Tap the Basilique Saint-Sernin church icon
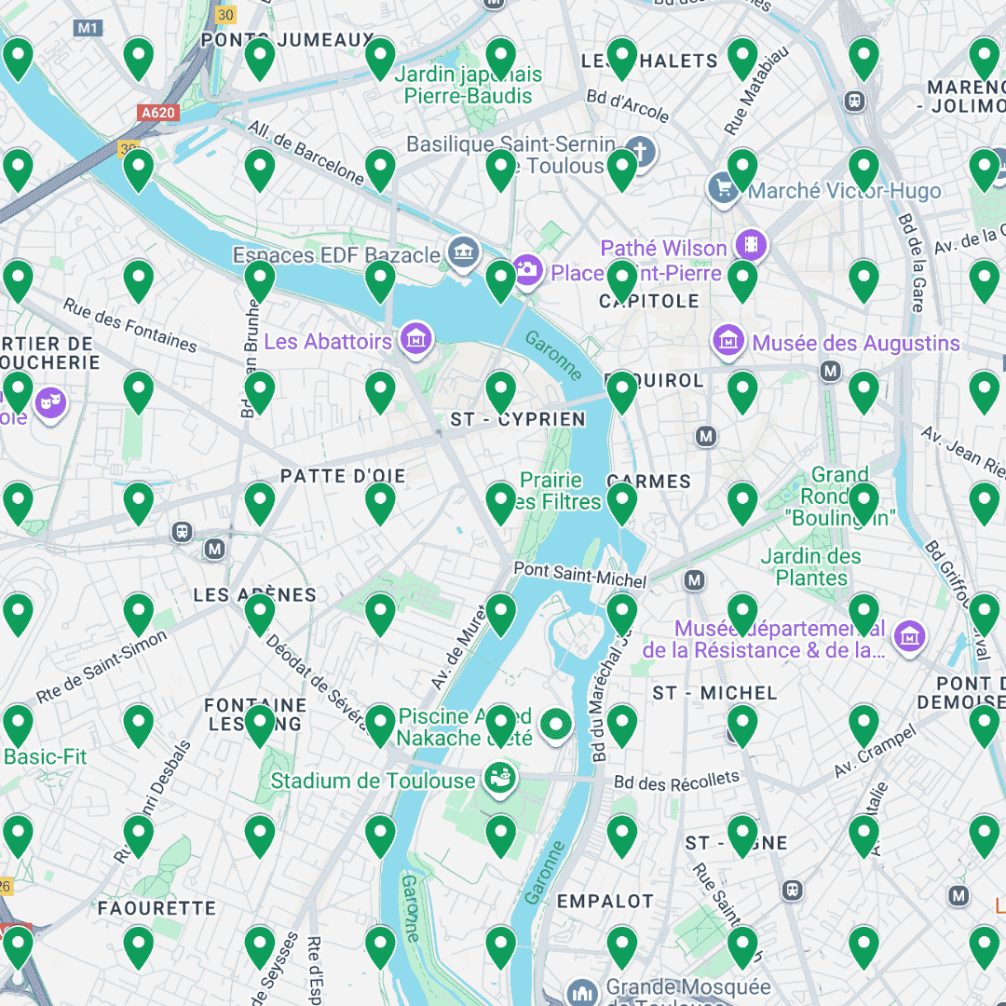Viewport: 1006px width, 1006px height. pos(640,151)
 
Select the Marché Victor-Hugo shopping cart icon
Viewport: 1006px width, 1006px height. pos(723,188)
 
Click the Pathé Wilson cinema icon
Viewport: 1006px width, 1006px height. pos(750,246)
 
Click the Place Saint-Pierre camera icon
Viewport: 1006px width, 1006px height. pos(527,270)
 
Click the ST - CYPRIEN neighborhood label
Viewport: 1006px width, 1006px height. pos(518,420)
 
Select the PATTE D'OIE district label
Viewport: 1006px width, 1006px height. pos(343,476)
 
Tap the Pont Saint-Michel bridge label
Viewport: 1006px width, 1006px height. pos(580,575)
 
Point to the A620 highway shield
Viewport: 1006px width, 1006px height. pos(157,113)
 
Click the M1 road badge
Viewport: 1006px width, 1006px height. pos(88,28)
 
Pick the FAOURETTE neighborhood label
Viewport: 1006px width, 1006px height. pos(156,907)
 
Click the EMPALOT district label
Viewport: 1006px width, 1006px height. pos(605,901)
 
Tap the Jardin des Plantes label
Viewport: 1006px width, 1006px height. pos(811,566)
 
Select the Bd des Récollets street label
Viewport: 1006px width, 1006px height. pos(676,781)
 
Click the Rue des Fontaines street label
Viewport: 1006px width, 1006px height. pos(130,326)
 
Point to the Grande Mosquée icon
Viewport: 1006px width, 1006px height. pos(582,991)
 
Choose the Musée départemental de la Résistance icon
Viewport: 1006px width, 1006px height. pos(909,637)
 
